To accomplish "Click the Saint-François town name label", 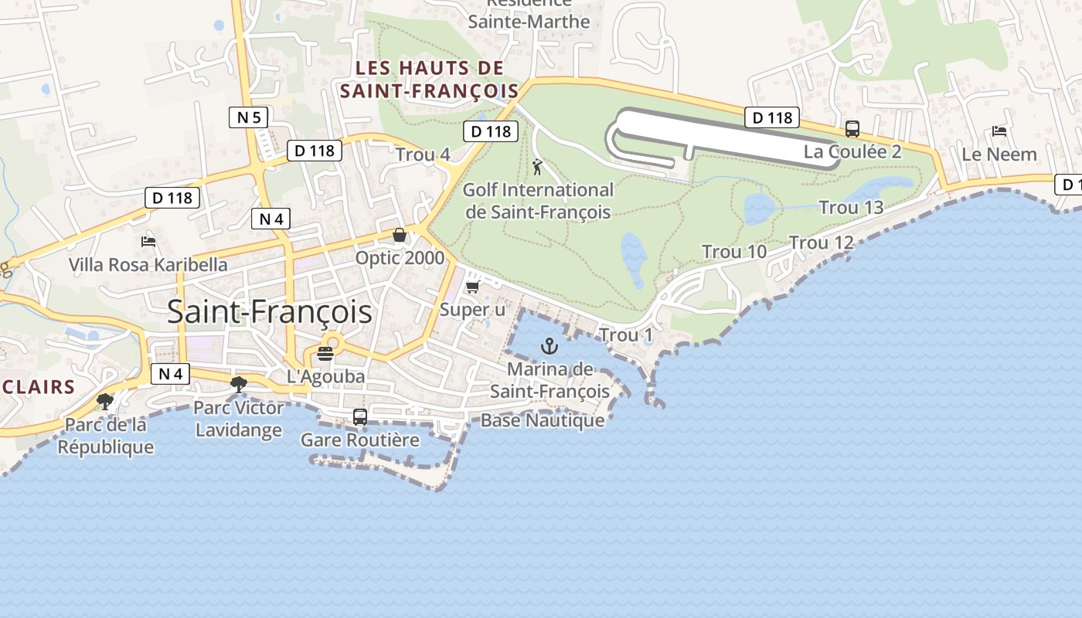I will click(269, 312).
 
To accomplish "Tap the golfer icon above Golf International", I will click(537, 166).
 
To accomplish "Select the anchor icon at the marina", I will click(550, 345).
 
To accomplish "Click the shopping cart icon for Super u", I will click(472, 287).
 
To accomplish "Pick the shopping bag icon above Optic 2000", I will click(400, 235).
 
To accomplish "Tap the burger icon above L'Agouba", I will click(325, 354).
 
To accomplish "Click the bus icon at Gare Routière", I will click(360, 417).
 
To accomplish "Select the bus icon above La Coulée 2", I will click(852, 129).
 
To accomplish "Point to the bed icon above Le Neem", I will click(999, 131).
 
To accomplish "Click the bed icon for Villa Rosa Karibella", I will click(148, 242).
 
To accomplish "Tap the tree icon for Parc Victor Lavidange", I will click(239, 384).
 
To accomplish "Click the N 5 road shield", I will click(249, 117).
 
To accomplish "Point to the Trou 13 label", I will click(851, 208).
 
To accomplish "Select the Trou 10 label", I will click(734, 252).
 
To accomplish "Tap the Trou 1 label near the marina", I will click(626, 335).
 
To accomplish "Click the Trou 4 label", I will click(423, 154).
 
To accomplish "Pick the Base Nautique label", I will click(543, 420).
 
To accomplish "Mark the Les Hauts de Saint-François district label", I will click(430, 80).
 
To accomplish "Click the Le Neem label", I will click(999, 154).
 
